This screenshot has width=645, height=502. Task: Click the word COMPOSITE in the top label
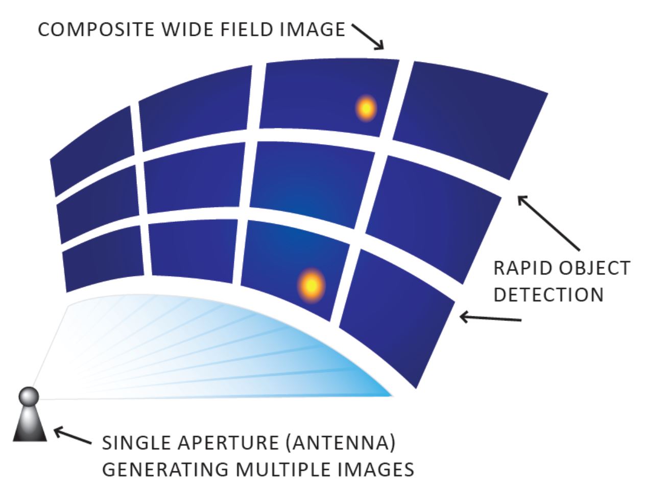[x=96, y=30]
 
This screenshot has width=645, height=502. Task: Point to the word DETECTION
[x=548, y=294]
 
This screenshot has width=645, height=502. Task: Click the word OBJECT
[x=594, y=268]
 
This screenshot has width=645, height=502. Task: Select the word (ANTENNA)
[x=341, y=443]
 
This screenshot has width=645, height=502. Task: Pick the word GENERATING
[x=165, y=469]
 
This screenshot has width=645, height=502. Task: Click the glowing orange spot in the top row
[x=366, y=108]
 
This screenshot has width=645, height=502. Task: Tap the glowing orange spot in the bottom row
[x=312, y=285]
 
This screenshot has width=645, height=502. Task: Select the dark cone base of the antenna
[x=30, y=424]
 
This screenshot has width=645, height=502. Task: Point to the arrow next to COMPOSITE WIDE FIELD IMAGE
[x=368, y=37]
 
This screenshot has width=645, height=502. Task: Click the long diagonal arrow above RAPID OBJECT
[x=548, y=223]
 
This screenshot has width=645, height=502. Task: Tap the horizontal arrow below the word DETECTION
[x=490, y=318]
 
